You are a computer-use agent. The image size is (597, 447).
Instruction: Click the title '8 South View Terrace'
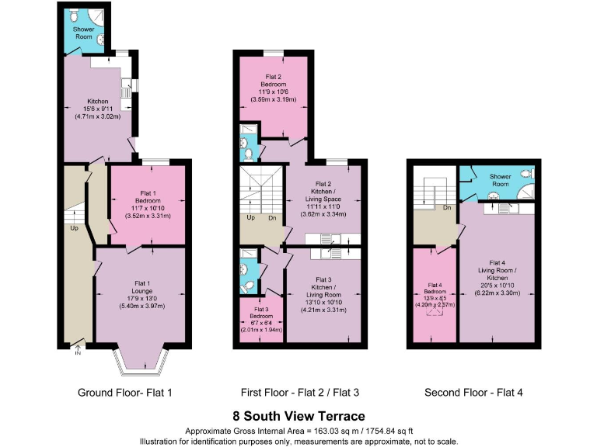[x=298, y=416]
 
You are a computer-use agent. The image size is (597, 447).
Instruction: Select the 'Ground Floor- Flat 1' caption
[x=124, y=393]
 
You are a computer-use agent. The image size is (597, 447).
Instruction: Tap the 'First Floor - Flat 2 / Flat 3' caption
[x=299, y=393]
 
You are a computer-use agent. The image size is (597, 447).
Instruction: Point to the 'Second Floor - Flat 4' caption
[x=473, y=393]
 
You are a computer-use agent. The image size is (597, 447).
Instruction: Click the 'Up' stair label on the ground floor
[x=73, y=229]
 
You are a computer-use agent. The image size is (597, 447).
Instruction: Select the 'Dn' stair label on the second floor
[x=448, y=208]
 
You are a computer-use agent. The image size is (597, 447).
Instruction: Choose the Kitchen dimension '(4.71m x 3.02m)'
[x=97, y=116]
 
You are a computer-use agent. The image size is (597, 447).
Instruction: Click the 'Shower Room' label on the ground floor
[x=82, y=33]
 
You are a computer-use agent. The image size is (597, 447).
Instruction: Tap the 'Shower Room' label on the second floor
[x=499, y=180]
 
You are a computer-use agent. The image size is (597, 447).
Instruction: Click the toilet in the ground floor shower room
[x=72, y=16]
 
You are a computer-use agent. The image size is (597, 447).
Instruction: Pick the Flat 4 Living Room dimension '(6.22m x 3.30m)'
[x=497, y=293]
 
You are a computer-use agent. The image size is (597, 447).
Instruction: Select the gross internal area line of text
[x=298, y=431]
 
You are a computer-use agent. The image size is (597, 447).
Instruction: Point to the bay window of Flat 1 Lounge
[x=140, y=359]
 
